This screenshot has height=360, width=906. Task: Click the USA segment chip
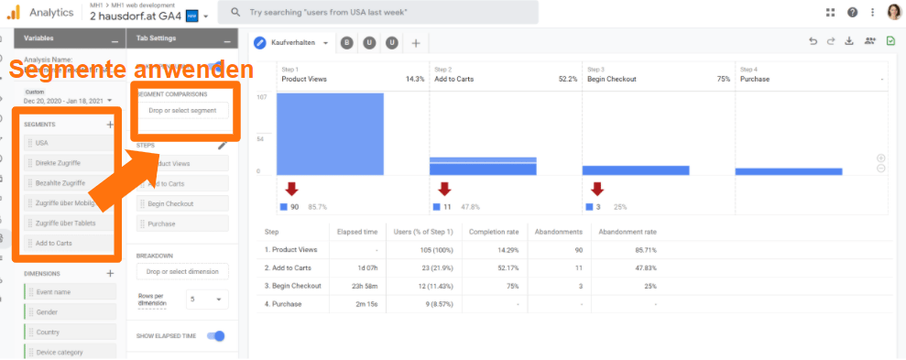click(x=70, y=143)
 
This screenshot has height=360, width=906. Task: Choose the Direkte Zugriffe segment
click(x=70, y=163)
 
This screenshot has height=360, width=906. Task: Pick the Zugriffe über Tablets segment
click(x=70, y=224)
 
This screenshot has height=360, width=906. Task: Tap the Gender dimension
click(x=70, y=311)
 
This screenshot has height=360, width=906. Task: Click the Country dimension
click(x=70, y=332)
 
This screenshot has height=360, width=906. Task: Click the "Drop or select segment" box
click(x=182, y=111)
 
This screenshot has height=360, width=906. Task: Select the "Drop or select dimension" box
click(x=182, y=271)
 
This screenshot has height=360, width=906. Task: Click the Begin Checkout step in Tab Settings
click(x=182, y=203)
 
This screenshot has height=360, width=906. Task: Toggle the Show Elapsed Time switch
click(x=215, y=336)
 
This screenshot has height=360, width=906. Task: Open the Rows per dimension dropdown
click(x=206, y=299)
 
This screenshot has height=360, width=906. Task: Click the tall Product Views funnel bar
click(x=331, y=134)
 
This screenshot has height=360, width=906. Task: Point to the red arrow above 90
click(x=291, y=190)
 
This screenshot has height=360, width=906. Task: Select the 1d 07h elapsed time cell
click(x=364, y=267)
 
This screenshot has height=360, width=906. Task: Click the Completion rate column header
click(x=494, y=232)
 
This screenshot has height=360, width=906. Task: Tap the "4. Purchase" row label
click(x=285, y=302)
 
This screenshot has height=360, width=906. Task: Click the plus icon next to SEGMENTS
click(x=110, y=124)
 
